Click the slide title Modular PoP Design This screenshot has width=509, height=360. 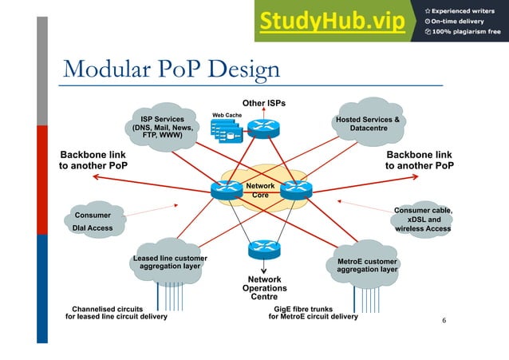(x=171, y=69)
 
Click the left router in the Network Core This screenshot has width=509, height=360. (x=226, y=189)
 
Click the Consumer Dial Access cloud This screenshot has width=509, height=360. (x=93, y=221)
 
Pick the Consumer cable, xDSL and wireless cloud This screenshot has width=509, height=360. (x=423, y=220)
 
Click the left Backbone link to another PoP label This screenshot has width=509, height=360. (x=93, y=160)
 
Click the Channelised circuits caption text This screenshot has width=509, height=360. (x=116, y=312)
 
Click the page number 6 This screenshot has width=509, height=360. (x=445, y=321)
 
